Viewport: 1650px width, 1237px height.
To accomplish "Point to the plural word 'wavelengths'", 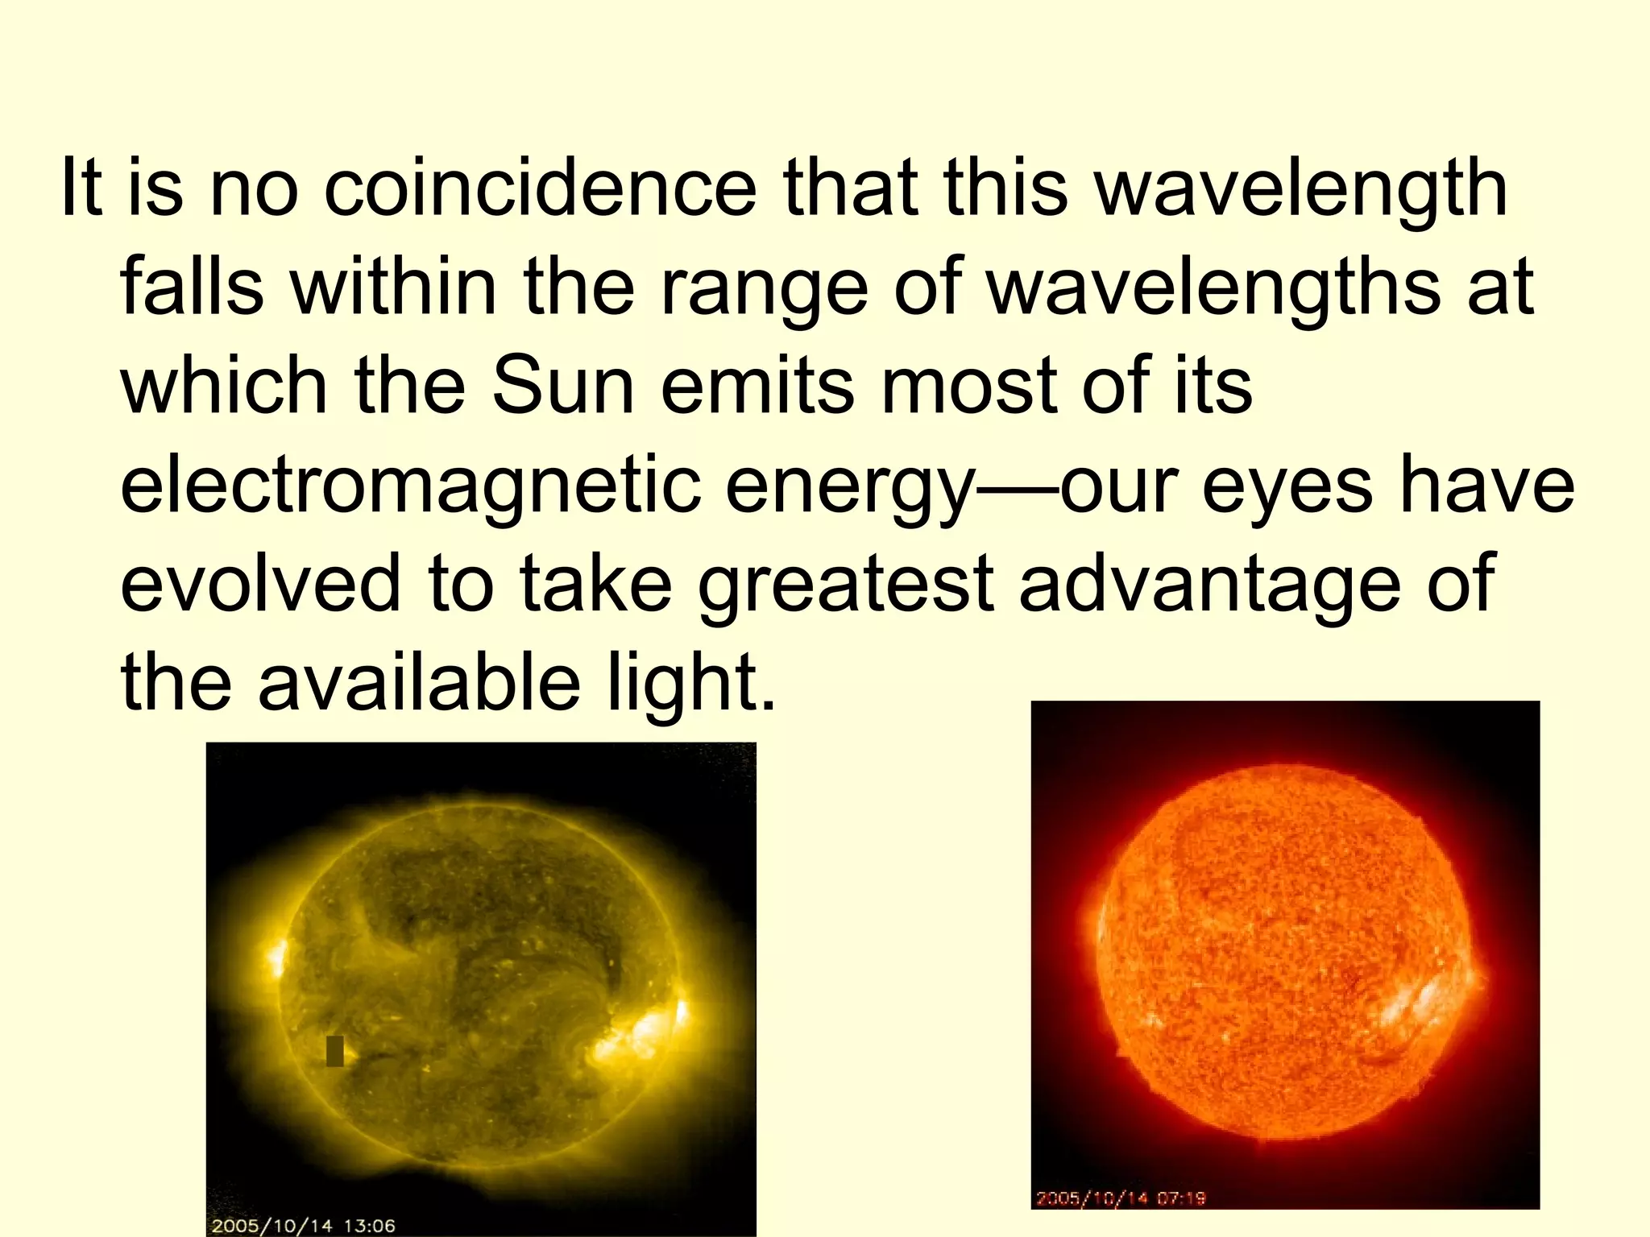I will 1213,289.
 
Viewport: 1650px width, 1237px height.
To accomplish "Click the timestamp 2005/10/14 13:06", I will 303,1226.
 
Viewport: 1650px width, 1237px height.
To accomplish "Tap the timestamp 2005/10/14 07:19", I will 1120,1198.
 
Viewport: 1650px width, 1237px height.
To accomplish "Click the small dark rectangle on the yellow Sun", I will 334,1051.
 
